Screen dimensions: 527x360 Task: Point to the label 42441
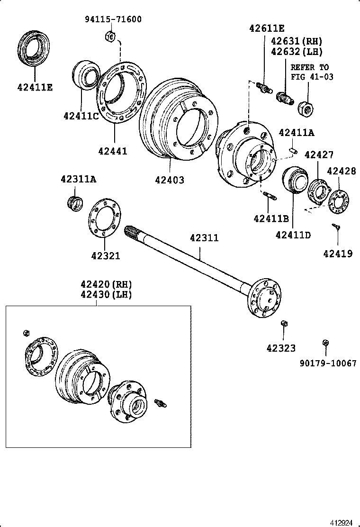click(x=113, y=151)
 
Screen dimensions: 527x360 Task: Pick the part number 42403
click(x=170, y=180)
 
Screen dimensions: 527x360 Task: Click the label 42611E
click(x=267, y=28)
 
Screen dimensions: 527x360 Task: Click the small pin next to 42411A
click(x=293, y=151)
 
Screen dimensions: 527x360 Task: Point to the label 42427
click(x=319, y=154)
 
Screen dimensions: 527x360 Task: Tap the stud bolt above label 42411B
click(x=269, y=195)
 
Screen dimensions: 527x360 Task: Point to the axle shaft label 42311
click(x=205, y=237)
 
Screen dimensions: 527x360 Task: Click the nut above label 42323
click(x=284, y=324)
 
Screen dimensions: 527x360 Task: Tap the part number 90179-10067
click(x=328, y=363)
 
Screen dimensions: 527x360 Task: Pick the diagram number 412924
click(x=342, y=523)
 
